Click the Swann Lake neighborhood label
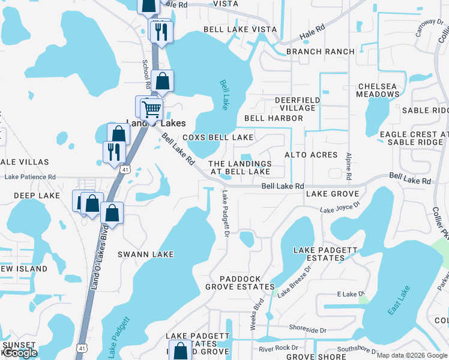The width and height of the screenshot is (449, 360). tap(147, 254)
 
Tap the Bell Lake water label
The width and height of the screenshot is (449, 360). tap(226, 95)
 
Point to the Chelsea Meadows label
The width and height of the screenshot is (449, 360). tap(377, 90)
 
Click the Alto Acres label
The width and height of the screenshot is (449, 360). tap(311, 155)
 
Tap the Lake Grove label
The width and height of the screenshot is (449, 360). tap(332, 194)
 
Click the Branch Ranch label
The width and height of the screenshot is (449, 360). tap(321, 52)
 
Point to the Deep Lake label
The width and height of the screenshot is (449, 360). tap(37, 196)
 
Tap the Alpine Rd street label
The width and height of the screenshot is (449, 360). tap(349, 166)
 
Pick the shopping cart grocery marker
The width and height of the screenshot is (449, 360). tap(152, 109)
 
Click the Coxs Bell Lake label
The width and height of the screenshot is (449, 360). tap(218, 137)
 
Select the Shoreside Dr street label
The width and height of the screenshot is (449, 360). tap(307, 330)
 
